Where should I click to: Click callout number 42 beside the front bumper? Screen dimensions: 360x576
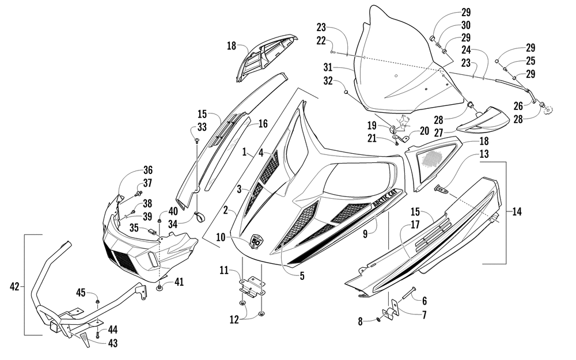(x=16, y=285)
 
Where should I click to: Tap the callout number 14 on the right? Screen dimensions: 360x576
(x=517, y=212)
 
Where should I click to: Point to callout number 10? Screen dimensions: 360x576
(x=221, y=237)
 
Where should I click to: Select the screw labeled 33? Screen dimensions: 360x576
(x=198, y=140)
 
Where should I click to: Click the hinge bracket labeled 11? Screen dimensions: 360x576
(x=252, y=285)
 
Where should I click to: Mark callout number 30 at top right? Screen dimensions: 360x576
(x=465, y=25)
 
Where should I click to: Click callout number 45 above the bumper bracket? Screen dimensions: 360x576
(x=81, y=293)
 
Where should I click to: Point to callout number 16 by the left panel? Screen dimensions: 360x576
(x=263, y=123)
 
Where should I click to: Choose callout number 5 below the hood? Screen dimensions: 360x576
(x=302, y=276)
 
